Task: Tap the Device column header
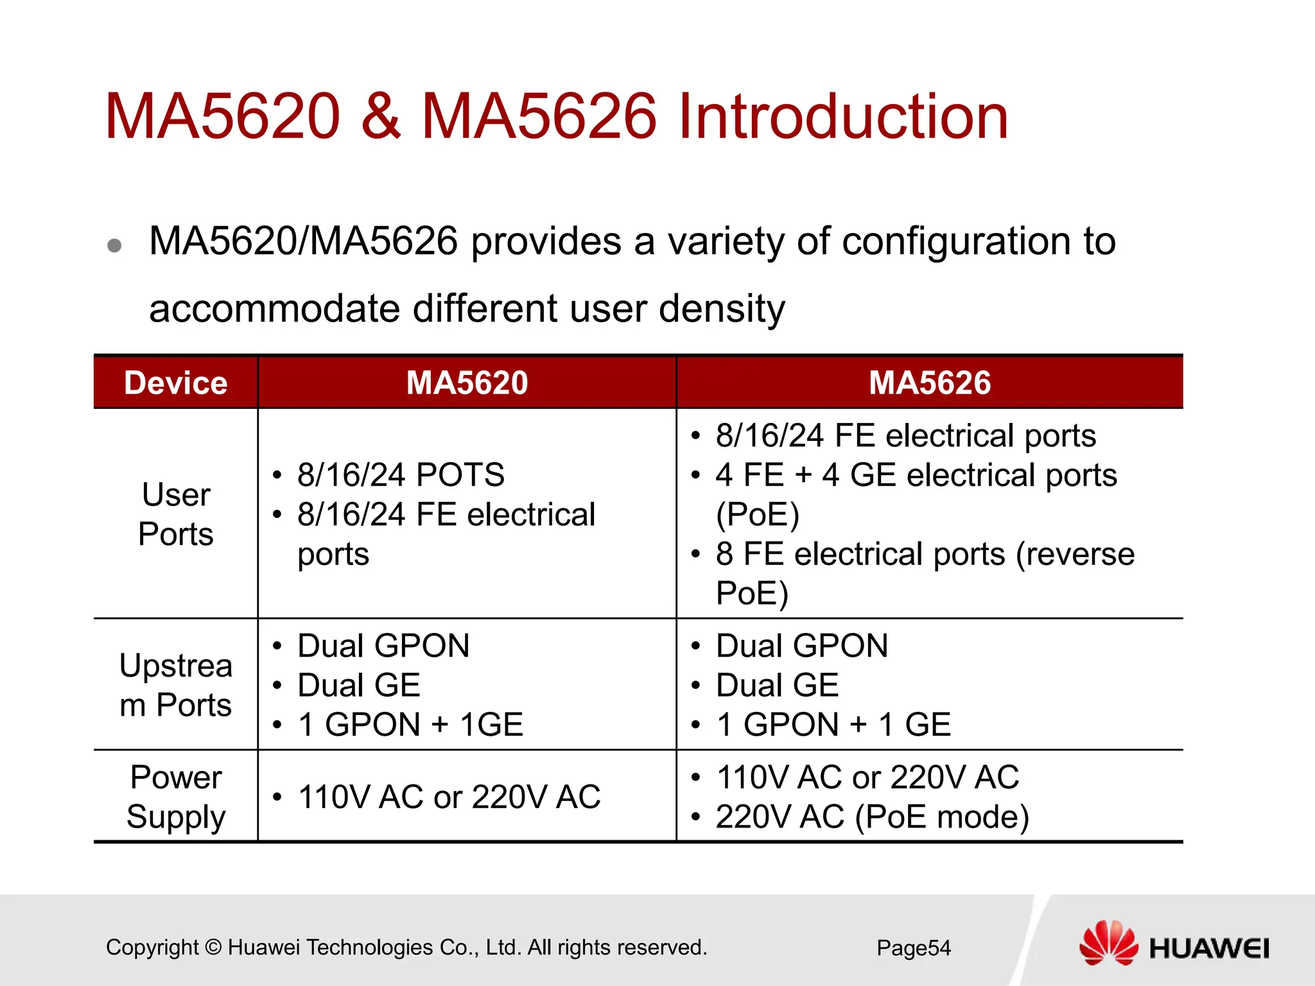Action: (175, 383)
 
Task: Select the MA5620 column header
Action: (467, 383)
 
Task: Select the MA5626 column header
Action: (929, 383)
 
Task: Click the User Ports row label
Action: (175, 514)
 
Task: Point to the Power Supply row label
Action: (175, 797)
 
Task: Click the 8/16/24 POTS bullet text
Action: (401, 475)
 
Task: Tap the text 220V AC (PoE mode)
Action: (872, 817)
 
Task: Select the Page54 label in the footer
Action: (913, 948)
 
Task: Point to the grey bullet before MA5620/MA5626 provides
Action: (115, 245)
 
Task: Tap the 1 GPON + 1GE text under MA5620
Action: (411, 725)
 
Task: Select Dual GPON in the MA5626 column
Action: (802, 646)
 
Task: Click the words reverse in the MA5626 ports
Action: (1075, 554)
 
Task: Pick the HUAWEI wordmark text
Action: (1208, 949)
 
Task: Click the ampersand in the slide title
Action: (381, 117)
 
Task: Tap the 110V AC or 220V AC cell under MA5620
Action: (449, 797)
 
